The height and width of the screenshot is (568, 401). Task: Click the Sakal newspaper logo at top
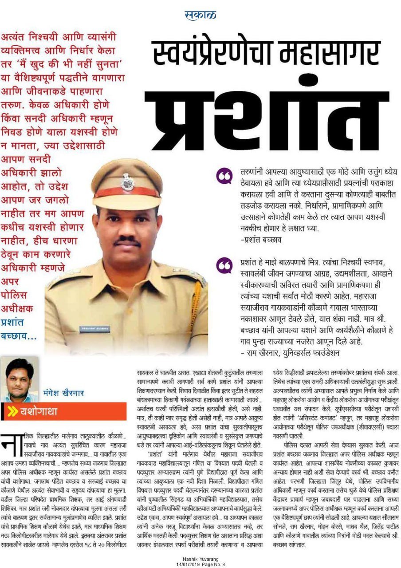(x=200, y=15)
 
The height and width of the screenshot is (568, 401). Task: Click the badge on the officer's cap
(x=127, y=182)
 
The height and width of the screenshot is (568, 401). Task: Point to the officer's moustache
(x=127, y=241)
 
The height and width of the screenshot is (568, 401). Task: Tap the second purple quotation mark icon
(x=224, y=266)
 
